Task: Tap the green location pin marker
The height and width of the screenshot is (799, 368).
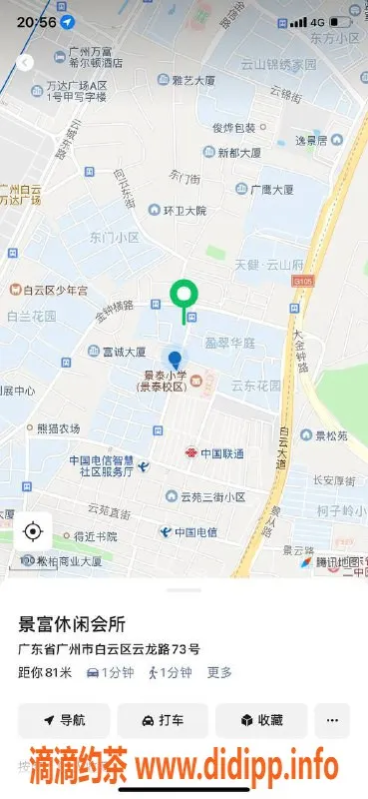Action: [183, 295]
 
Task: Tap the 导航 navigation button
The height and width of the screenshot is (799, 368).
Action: [64, 720]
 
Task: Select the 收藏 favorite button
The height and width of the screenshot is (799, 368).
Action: [262, 720]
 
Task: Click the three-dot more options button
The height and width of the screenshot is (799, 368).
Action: [332, 720]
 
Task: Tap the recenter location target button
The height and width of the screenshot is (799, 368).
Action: [33, 531]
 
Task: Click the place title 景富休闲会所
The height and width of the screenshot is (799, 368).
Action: [73, 624]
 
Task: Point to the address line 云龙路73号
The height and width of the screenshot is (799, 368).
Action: [110, 649]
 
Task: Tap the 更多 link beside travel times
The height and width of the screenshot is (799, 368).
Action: [219, 673]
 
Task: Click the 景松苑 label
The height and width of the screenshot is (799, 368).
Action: [329, 435]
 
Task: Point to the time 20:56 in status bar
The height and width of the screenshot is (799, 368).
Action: [37, 20]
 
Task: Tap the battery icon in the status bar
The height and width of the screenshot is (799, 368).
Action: [342, 21]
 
